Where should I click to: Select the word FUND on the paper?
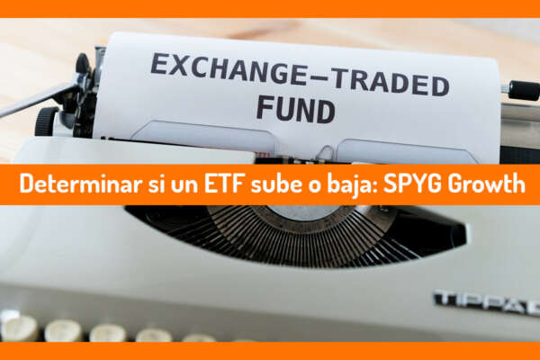point(296,109)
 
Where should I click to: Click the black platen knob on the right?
point(524,90)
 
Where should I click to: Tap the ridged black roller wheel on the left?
point(47,121)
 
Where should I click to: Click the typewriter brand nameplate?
point(487,302)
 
